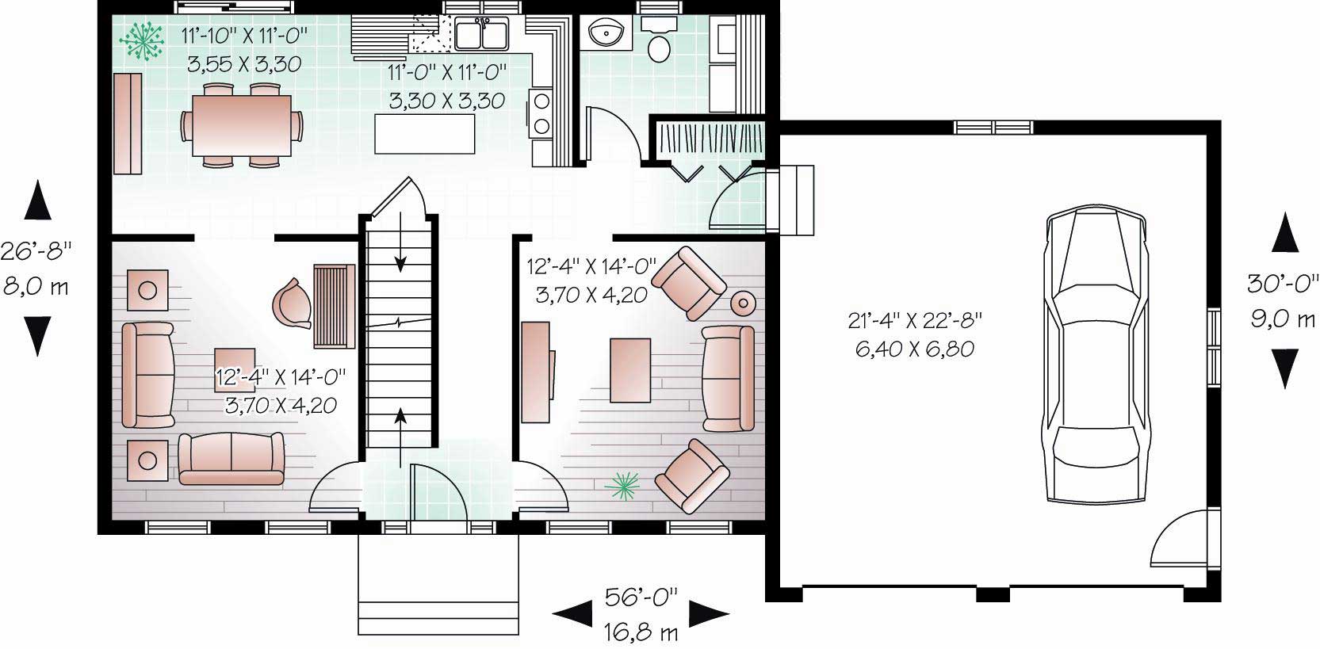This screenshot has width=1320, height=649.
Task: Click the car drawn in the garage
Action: (x=1096, y=353)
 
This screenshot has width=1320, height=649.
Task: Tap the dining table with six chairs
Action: (x=242, y=125)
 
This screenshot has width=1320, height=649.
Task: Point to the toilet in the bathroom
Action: (x=658, y=44)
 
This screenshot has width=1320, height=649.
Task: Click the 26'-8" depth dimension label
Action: (x=36, y=251)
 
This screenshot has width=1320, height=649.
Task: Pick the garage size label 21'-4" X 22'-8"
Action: (x=915, y=321)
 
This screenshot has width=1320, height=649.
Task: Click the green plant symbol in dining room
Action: (x=141, y=40)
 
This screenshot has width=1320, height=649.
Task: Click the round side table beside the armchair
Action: (x=743, y=303)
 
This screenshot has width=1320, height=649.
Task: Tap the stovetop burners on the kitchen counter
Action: (x=542, y=113)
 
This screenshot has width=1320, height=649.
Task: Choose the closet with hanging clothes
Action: (x=708, y=141)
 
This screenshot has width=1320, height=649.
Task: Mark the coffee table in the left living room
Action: (x=234, y=369)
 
